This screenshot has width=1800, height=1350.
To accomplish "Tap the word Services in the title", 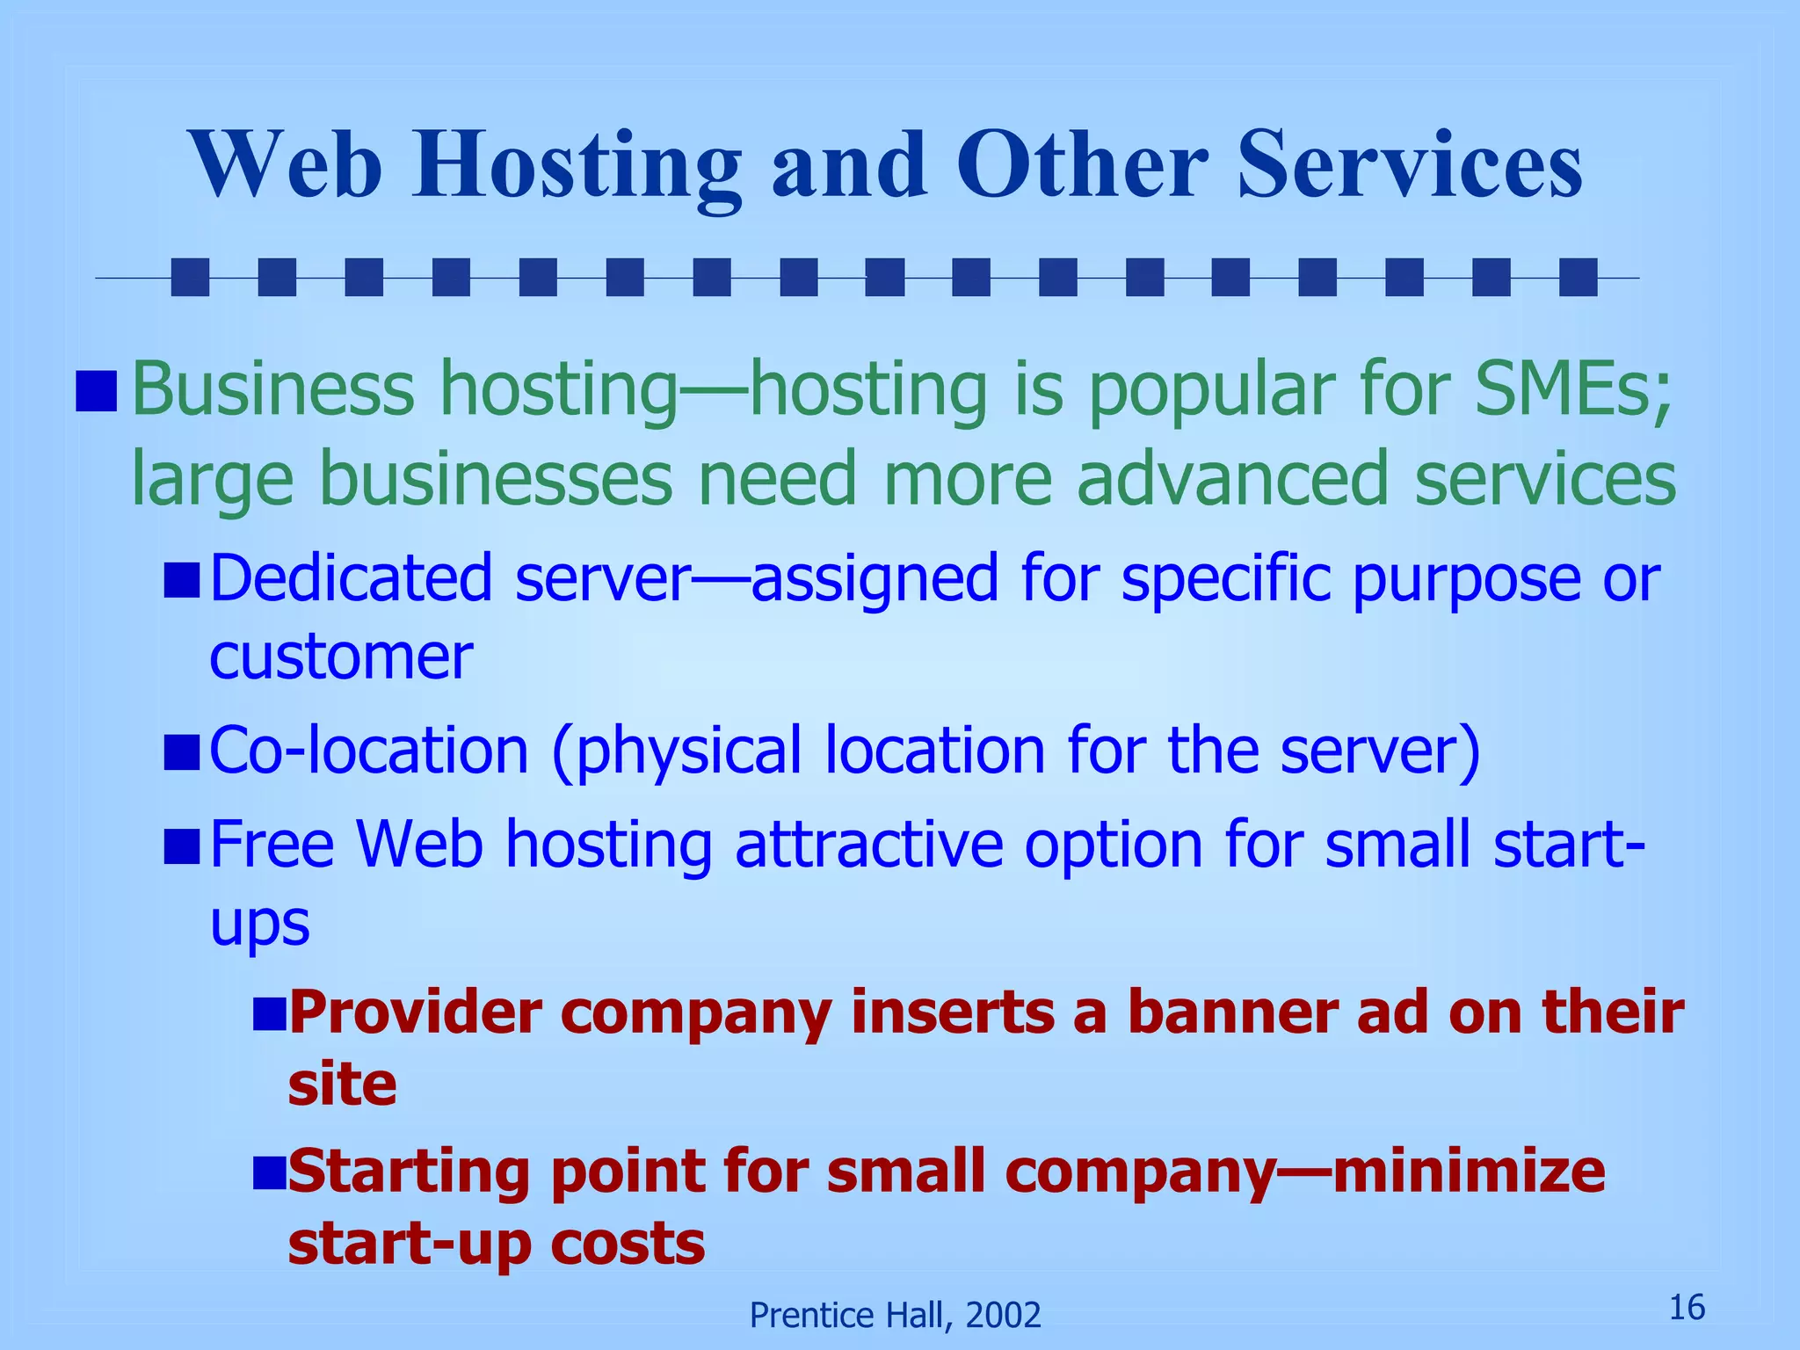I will (x=1409, y=165).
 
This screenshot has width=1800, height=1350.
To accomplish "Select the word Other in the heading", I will (x=1081, y=165).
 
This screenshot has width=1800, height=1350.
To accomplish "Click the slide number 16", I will (x=1687, y=1308).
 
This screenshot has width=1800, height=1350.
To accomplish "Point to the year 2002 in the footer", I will (x=1003, y=1316).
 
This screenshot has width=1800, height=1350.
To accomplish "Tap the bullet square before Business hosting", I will (x=96, y=391).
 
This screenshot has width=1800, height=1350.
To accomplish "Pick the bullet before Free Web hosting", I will (x=182, y=846).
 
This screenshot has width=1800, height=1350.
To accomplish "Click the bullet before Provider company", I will (x=270, y=1013).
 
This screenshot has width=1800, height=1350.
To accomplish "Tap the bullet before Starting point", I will (x=270, y=1172).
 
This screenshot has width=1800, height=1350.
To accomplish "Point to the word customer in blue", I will (x=341, y=657).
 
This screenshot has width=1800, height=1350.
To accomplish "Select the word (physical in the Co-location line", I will (x=676, y=751).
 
